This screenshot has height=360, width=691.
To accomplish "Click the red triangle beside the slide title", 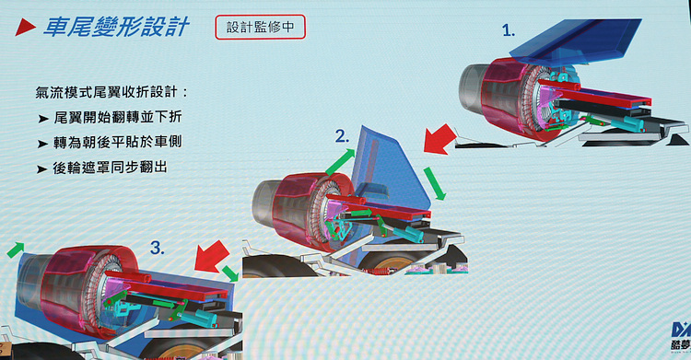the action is coord(24,28).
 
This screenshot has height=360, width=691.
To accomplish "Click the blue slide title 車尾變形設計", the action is coord(116,27).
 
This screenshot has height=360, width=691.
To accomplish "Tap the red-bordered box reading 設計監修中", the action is coord(260,27).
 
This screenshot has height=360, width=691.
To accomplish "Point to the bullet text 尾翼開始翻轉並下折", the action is coord(118,117).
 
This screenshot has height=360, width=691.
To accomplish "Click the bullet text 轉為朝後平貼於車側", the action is coord(118,143).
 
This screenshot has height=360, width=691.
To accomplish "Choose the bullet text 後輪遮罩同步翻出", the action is coord(111,168).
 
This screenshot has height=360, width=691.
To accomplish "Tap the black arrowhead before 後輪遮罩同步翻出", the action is coord(42,169).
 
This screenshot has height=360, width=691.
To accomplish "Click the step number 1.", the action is coord(509,30).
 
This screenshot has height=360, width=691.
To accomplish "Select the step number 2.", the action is coord(342,136).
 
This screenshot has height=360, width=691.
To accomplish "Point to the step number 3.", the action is coord(158,248).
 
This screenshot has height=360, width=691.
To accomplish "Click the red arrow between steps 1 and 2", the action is coord(439,139).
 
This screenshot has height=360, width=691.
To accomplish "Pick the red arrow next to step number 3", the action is coord(212,256).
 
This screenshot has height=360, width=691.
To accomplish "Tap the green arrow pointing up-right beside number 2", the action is coord(340,161).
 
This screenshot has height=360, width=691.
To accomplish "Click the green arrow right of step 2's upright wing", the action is coord(435,183).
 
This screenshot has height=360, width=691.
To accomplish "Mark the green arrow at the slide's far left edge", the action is coord(16,250).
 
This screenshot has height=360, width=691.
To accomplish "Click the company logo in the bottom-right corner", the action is coord(681,336).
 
